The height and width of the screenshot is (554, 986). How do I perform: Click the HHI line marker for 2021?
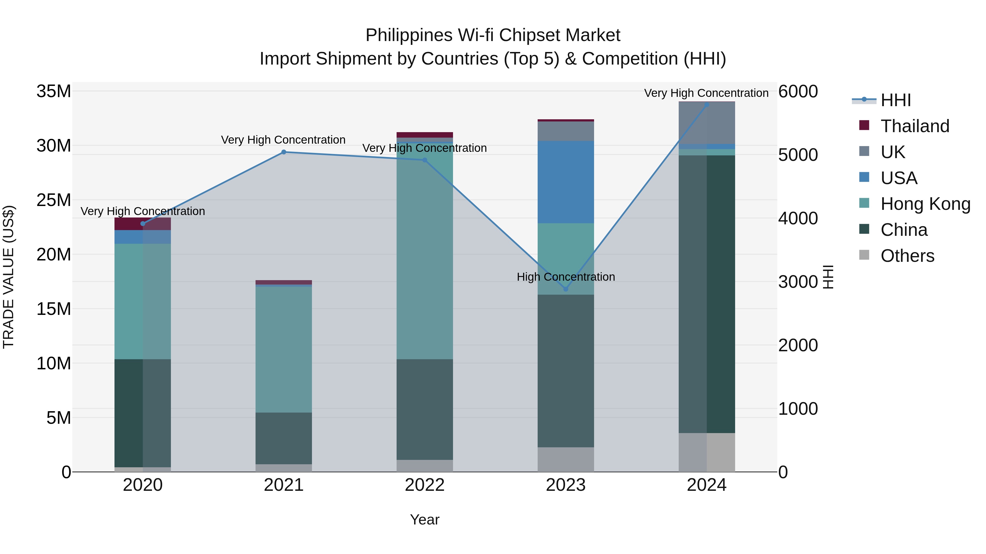[284, 152]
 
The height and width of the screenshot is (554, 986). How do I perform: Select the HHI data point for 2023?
[566, 289]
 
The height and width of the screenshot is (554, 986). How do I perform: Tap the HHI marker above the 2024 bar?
[707, 105]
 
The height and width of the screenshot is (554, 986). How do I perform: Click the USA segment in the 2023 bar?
[566, 182]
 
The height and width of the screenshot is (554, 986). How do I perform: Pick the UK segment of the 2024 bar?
[707, 123]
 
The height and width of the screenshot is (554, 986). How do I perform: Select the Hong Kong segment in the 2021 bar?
[284, 349]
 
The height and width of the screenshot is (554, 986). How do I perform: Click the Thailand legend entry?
[915, 126]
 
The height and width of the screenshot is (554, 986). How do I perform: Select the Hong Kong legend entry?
[925, 204]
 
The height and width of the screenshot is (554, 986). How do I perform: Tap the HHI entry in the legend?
[895, 100]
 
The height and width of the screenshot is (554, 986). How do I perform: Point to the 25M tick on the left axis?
[54, 200]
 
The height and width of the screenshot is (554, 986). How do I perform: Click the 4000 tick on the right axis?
[798, 218]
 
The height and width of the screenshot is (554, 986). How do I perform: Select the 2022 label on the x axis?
[425, 485]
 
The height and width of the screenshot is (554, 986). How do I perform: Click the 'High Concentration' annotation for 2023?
[566, 277]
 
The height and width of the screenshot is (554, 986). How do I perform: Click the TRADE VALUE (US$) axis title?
[8, 277]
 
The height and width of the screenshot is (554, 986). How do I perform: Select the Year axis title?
[425, 520]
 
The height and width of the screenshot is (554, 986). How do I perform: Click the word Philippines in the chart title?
[409, 35]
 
